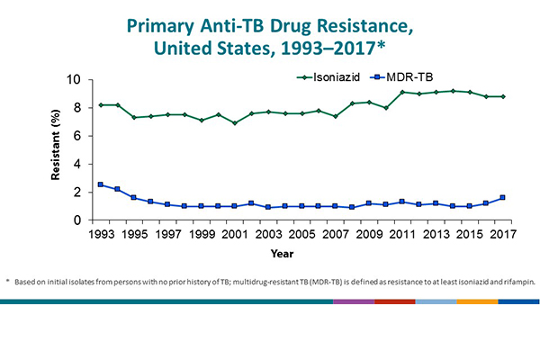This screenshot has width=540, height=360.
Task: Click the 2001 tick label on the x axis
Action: point(236,236)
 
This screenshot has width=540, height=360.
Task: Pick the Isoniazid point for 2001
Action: point(236,122)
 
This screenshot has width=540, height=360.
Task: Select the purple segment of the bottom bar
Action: point(353,301)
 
